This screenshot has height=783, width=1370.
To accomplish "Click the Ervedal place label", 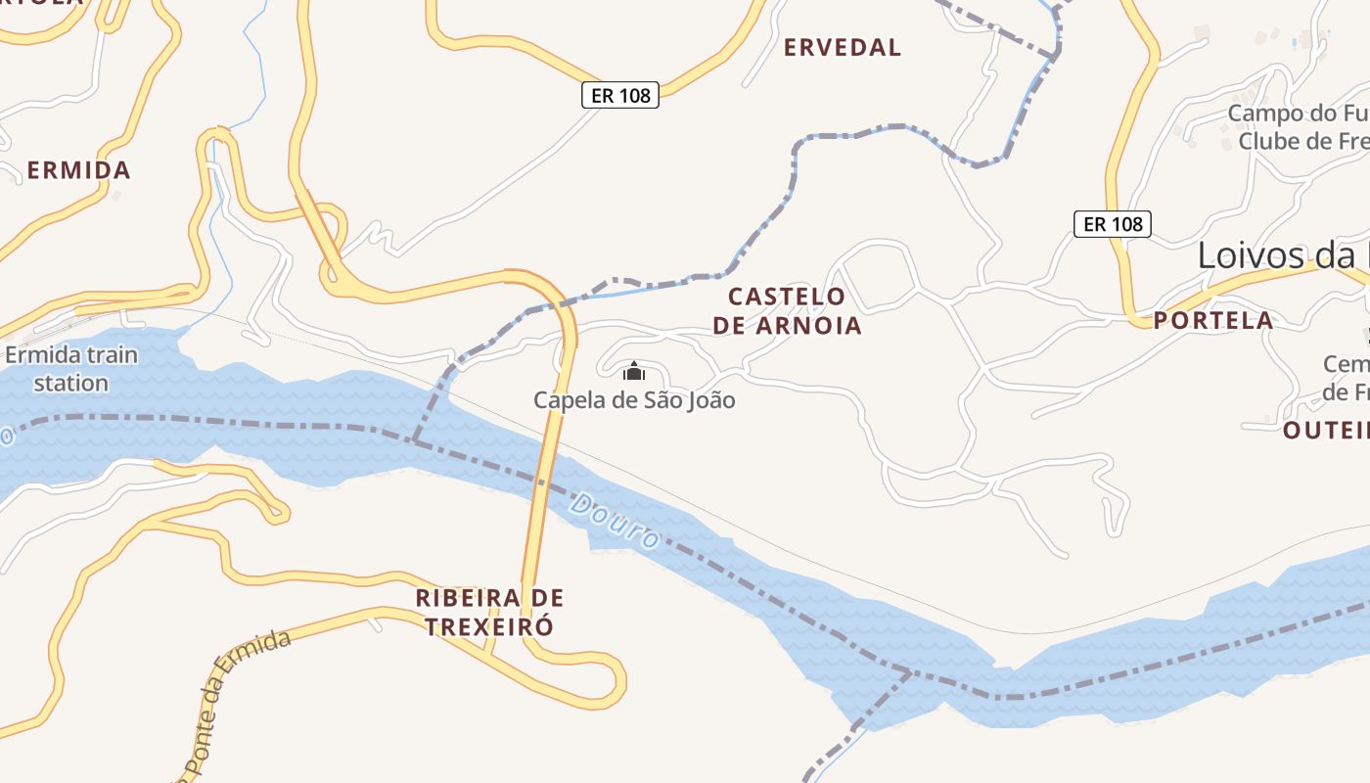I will (842, 47).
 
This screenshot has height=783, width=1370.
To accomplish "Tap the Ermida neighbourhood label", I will (78, 170).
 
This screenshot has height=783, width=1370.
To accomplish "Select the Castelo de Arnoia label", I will (787, 310).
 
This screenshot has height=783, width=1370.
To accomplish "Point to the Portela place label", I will (1213, 320).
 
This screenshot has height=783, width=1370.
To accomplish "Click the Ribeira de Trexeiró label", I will (489, 612).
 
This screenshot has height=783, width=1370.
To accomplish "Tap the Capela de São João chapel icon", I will (634, 371).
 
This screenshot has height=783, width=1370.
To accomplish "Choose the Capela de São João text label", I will (634, 400).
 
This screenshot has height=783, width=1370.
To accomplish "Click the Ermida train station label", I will (71, 368).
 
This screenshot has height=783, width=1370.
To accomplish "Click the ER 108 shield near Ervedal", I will (620, 95).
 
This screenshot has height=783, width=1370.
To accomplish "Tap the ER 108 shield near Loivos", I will (1114, 224).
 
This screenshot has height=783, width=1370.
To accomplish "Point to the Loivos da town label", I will (1282, 255).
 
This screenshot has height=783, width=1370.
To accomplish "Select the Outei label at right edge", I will (1325, 430).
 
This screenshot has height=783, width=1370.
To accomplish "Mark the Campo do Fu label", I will (1298, 114).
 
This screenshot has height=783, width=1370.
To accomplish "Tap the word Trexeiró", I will (489, 626).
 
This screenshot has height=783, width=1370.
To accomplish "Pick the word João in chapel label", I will (708, 400).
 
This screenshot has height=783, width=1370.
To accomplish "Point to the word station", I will (71, 382).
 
